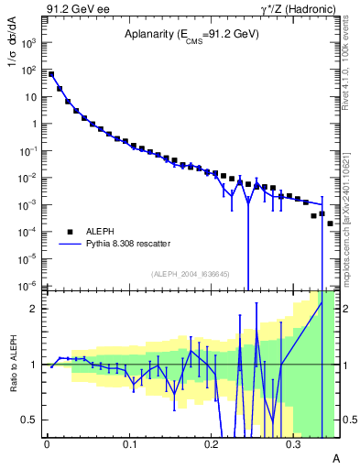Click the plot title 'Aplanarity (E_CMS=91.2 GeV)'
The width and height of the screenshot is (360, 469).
[x=191, y=35]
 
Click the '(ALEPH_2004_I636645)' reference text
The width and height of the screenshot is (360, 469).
[x=191, y=273]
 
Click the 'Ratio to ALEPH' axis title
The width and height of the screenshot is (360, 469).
[x=13, y=364]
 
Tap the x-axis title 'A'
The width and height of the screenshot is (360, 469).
[x=335, y=458]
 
